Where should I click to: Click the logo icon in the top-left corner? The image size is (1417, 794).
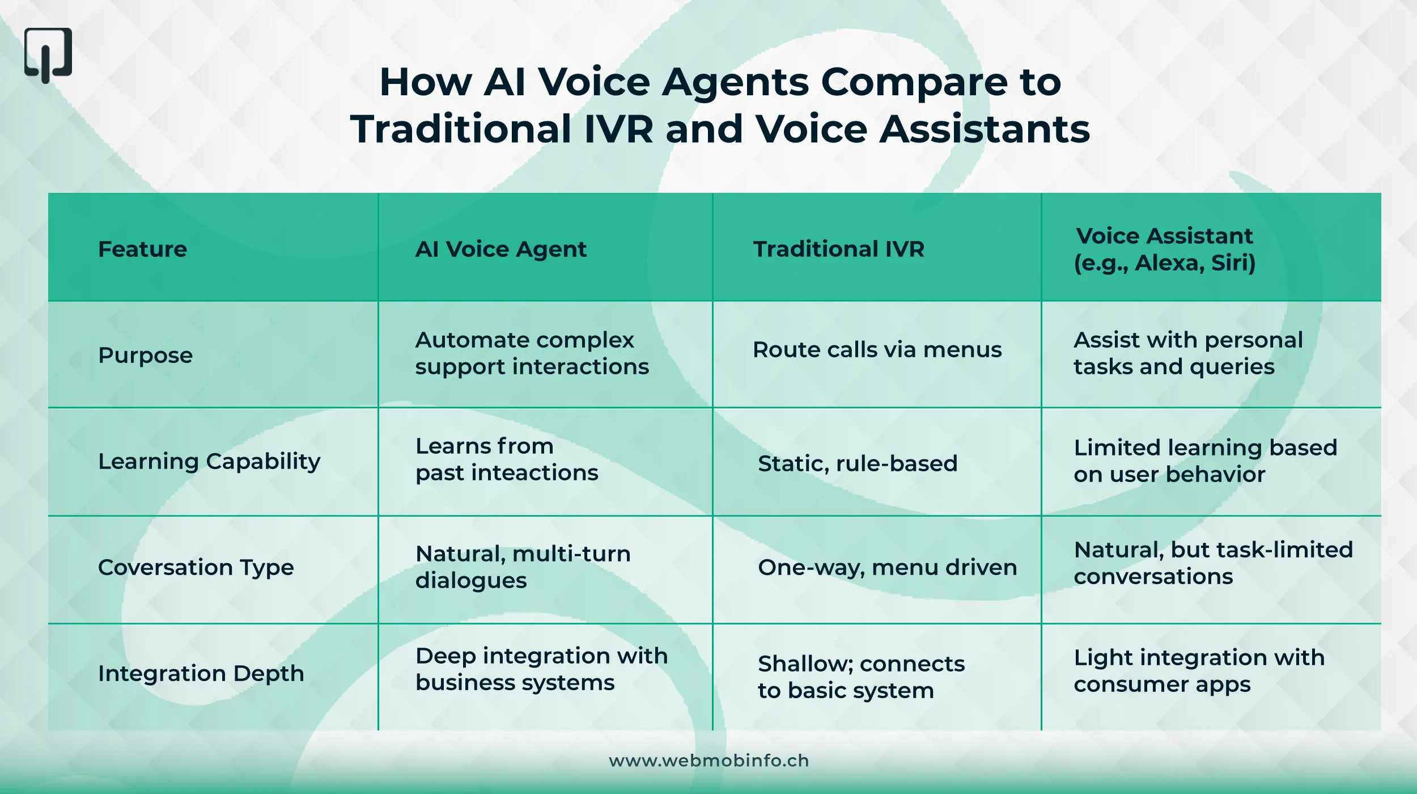pos(48,55)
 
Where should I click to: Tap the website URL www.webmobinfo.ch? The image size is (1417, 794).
pos(708,761)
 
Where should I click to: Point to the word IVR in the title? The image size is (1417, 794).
pos(618,129)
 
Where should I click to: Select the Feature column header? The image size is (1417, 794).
pos(142,250)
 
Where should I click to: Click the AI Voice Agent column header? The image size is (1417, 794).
pos(500,250)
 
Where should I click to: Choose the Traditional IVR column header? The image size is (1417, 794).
pos(838,250)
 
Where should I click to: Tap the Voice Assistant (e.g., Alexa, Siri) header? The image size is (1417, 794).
pos(1165,250)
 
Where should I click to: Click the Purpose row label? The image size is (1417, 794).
pos(145,356)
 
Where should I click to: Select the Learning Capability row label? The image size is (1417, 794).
pos(209,462)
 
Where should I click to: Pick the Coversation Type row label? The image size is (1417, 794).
pos(196,568)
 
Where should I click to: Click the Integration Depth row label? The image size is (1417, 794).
pos(201,674)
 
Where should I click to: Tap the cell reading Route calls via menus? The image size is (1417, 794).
pos(877,350)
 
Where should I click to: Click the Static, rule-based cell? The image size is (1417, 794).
pos(858,464)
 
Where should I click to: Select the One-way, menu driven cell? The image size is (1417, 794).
pos(887,568)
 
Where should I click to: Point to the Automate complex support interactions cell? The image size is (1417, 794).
pos(532,353)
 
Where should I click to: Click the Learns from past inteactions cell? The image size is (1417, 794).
pos(507,459)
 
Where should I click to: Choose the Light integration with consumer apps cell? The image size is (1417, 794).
pos(1199,671)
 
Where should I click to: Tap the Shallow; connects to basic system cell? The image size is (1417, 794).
pos(861,677)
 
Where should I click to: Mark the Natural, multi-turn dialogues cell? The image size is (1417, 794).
pos(523,567)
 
